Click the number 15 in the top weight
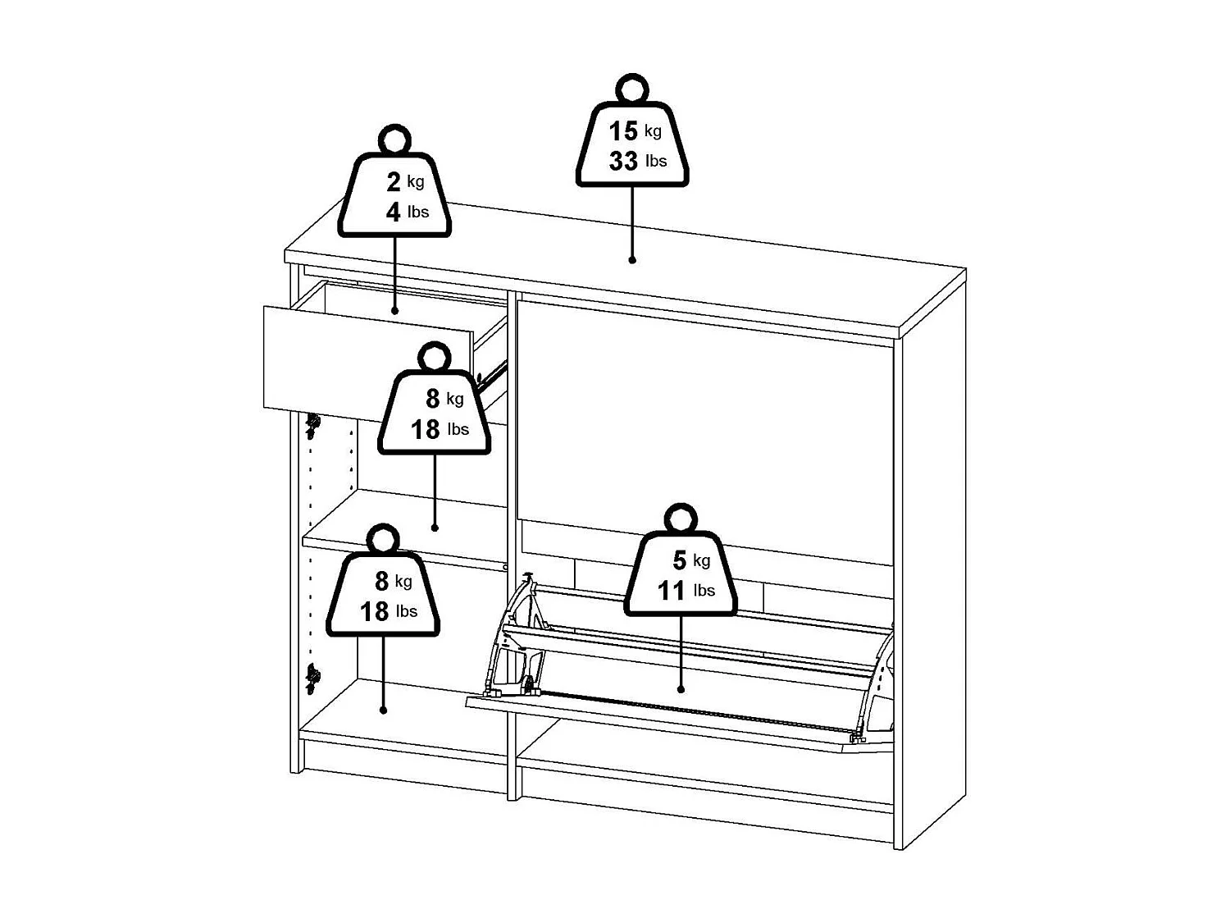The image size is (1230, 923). [622, 130]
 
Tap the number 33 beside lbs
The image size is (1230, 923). [623, 161]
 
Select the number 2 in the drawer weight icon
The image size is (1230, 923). [394, 182]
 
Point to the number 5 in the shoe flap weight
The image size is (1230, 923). [679, 560]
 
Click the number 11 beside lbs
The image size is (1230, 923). [672, 591]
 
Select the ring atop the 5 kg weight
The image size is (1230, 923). [681, 519]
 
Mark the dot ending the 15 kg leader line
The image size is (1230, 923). [632, 260]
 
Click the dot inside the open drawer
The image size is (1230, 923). [394, 311]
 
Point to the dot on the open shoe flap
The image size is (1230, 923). [681, 690]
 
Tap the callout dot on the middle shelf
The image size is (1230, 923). [435, 528]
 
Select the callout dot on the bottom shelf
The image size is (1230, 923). [383, 711]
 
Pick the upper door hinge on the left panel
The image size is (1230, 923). [312, 423]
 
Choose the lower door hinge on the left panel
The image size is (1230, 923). [312, 678]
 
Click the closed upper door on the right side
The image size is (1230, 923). [705, 427]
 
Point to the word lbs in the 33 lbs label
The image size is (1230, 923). [656, 162]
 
